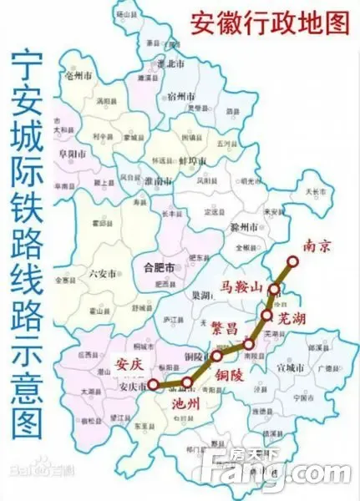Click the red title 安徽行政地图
tap(269, 23)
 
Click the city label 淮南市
tap(158, 180)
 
